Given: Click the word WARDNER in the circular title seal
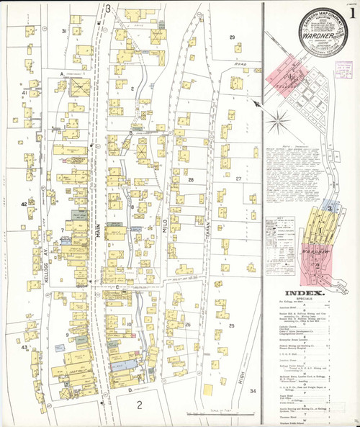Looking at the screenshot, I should coord(310,33).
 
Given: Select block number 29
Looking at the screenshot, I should coord(232,37).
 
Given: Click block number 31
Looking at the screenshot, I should coord(64,32).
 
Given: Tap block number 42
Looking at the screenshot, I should coord(23,204).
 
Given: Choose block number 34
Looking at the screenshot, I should coord(252,391).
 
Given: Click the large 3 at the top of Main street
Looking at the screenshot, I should coord(107,9).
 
